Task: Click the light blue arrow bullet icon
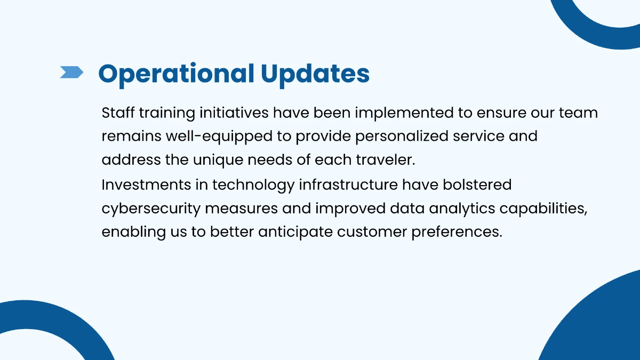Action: pyautogui.click(x=71, y=72)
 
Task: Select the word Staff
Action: pyautogui.click(x=118, y=113)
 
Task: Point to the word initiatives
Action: pyautogui.click(x=234, y=113)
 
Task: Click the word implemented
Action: pyautogui.click(x=404, y=114)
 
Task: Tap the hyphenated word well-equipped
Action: pyautogui.click(x=219, y=137)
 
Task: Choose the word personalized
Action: pyautogui.click(x=402, y=137)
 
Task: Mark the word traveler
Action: pyautogui.click(x=386, y=159)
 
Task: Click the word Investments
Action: pyautogui.click(x=146, y=185)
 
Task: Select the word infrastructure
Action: pyautogui.click(x=348, y=185)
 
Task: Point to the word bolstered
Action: pyautogui.click(x=477, y=185)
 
